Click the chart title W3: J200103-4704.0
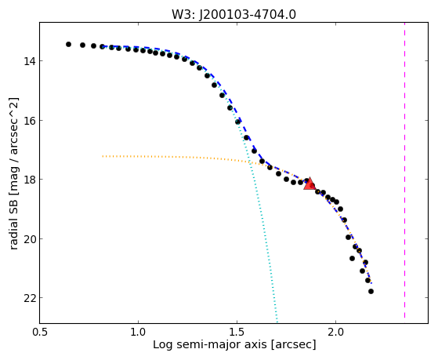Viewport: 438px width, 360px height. [233, 14]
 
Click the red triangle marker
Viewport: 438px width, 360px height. [309, 184]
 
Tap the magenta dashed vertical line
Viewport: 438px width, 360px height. [404, 170]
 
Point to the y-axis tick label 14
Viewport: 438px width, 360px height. [29, 60]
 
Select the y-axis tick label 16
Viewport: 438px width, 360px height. [29, 121]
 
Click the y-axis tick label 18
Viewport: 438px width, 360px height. [29, 180]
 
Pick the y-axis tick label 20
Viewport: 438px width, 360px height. [29, 239]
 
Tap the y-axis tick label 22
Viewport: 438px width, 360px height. [29, 298]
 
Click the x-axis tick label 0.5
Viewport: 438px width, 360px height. [40, 333]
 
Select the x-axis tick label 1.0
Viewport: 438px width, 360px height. [138, 333]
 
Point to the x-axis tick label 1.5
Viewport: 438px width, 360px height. [237, 333]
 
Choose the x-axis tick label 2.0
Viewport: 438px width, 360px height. [336, 333]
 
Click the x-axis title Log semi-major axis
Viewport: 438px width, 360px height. [210, 345]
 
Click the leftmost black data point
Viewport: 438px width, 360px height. [68, 44]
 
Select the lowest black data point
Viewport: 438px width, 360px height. [371, 292]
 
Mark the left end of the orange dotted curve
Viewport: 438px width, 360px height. [103, 156]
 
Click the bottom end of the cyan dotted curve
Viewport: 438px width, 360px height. [277, 322]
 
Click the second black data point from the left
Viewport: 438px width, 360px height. [82, 45]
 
